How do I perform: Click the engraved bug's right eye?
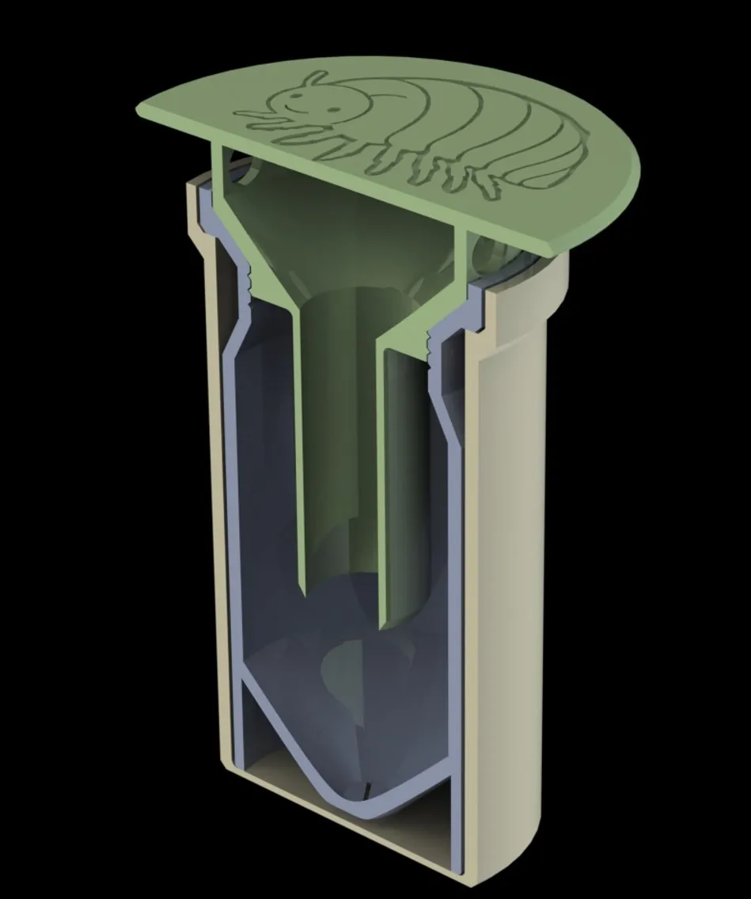305,90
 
